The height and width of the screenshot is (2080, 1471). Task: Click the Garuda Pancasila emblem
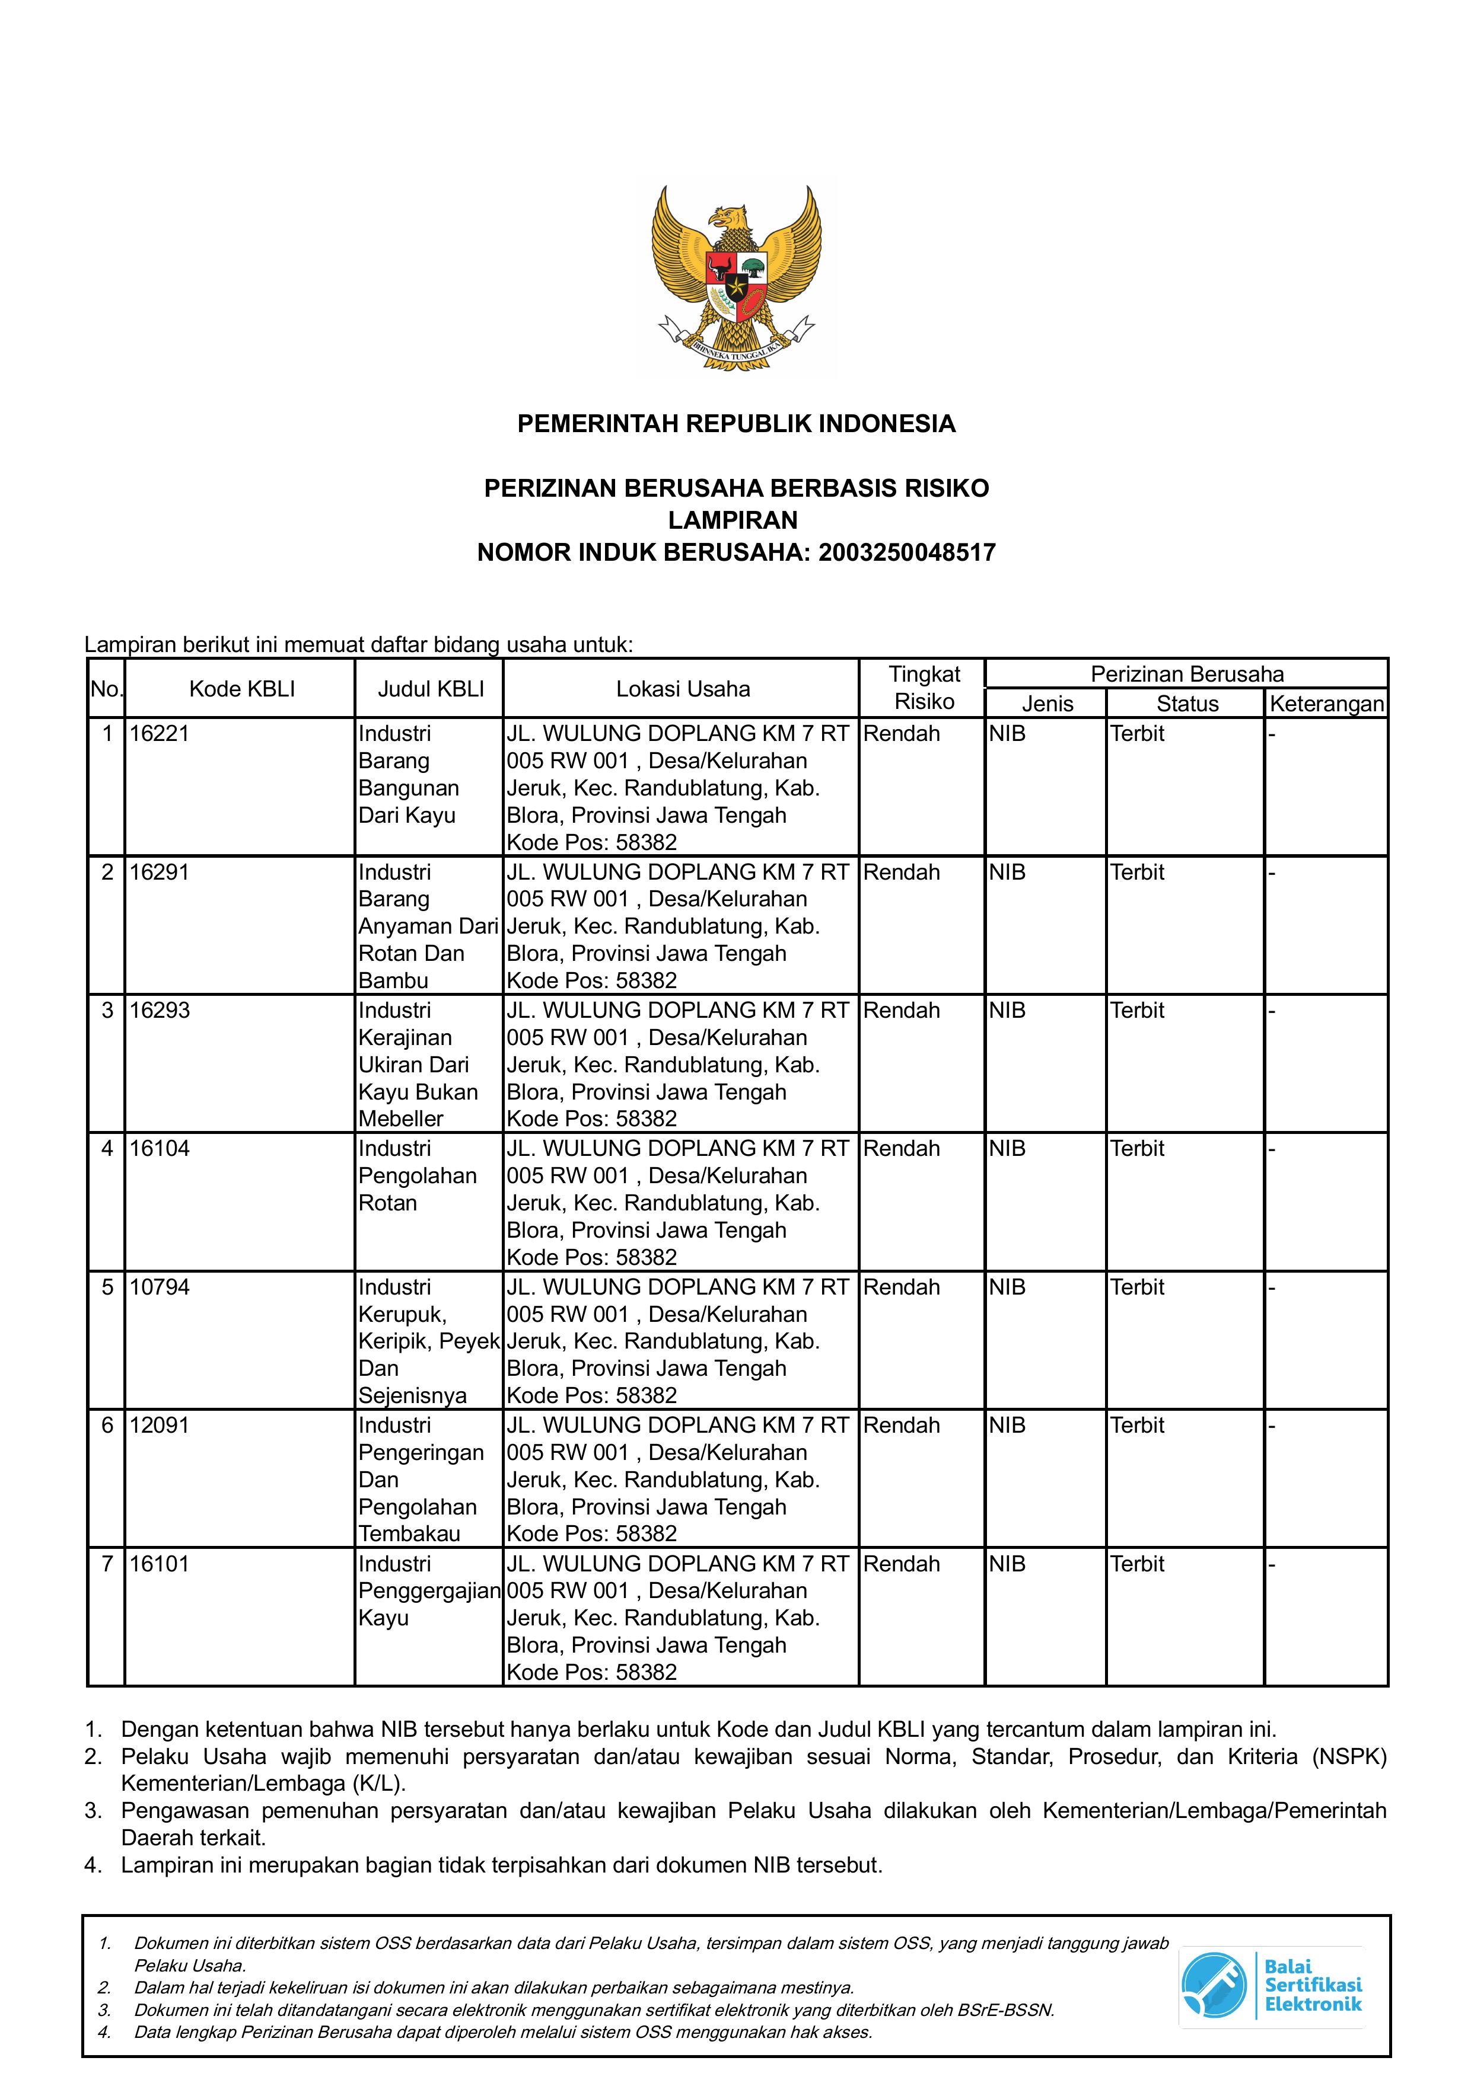[x=736, y=276]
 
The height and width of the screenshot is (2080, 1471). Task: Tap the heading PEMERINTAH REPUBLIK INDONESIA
[x=736, y=424]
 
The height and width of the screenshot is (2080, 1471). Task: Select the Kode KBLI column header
[x=242, y=689]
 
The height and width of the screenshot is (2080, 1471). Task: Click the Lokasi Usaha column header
[x=683, y=689]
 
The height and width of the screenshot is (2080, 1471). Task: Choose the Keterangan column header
[x=1326, y=704]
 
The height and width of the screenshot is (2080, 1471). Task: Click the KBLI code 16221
[x=160, y=734]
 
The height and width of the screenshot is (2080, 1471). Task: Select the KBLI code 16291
[x=160, y=873]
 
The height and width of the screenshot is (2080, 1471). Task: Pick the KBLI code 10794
[x=160, y=1287]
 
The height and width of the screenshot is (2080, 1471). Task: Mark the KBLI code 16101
[x=160, y=1564]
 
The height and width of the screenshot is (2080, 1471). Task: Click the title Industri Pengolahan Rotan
[x=417, y=1176]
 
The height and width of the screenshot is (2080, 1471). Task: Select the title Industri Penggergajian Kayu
[x=429, y=1591]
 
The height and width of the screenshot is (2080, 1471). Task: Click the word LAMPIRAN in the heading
[x=733, y=520]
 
